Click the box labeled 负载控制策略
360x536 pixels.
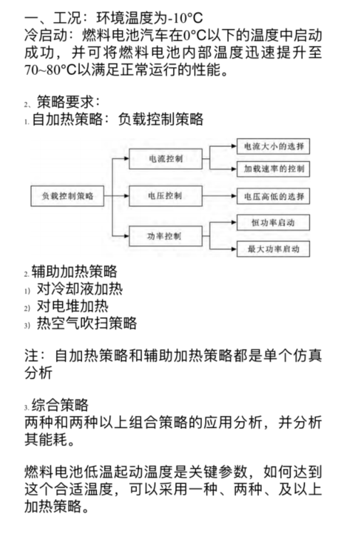(x=67, y=196)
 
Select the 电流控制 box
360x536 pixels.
(x=165, y=159)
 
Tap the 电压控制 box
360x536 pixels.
(x=165, y=196)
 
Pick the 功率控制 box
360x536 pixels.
(x=165, y=236)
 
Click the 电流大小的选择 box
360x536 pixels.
(x=273, y=146)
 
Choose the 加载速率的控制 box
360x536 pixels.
(x=273, y=169)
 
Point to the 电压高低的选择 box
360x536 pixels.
(x=273, y=196)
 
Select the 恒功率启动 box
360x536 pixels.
(x=273, y=222)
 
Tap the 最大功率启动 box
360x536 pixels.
(x=273, y=249)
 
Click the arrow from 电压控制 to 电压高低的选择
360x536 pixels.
(x=220, y=196)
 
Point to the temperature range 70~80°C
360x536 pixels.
(x=50, y=70)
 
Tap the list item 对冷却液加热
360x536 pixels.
(x=80, y=289)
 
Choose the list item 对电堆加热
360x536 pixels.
(x=73, y=306)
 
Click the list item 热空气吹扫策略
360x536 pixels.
(x=87, y=323)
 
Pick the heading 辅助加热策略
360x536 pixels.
(x=75, y=272)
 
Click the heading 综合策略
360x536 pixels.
(x=60, y=405)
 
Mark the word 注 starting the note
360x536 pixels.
(x=31, y=356)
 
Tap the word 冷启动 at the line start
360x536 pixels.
(x=46, y=35)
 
